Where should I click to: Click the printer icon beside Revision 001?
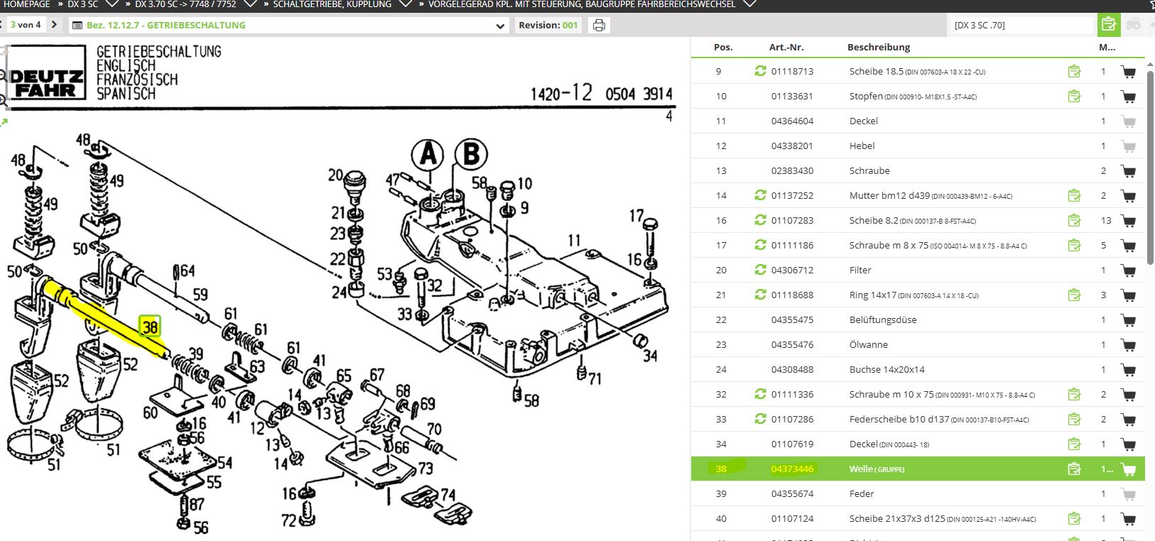click(x=599, y=26)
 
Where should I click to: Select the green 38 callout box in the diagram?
click(x=150, y=327)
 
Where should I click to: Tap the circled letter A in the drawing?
click(x=428, y=155)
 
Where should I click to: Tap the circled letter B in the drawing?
click(x=471, y=155)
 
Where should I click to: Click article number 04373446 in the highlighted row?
click(x=792, y=469)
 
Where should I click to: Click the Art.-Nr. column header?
click(x=786, y=48)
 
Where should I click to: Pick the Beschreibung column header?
click(x=879, y=48)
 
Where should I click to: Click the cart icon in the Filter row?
click(x=1127, y=270)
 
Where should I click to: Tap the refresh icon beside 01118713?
click(x=760, y=71)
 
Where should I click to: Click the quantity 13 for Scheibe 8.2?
click(x=1106, y=221)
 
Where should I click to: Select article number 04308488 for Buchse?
click(x=792, y=370)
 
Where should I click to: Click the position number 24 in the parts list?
click(x=721, y=370)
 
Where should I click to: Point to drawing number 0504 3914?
click(x=639, y=94)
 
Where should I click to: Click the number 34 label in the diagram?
click(x=649, y=355)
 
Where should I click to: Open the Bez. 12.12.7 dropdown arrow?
click(x=500, y=26)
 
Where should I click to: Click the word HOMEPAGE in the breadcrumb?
click(x=27, y=4)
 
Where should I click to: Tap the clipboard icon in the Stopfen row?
click(x=1074, y=96)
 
